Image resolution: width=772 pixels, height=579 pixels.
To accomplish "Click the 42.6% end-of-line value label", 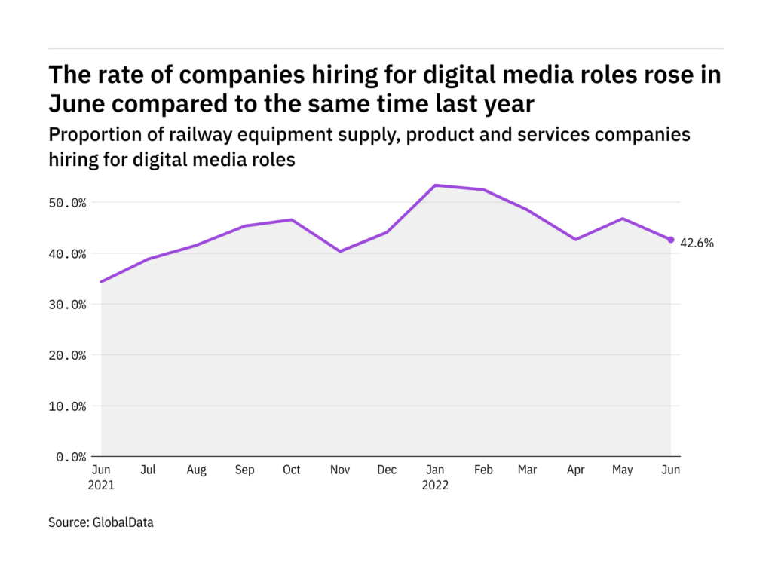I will pos(697,243).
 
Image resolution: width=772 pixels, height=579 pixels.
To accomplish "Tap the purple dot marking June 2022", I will pos(671,240).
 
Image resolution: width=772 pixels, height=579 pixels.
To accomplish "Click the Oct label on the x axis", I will pos(291,470).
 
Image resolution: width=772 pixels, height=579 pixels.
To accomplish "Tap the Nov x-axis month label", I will pos(339,470).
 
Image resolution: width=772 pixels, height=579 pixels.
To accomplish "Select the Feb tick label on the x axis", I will pos(482,470).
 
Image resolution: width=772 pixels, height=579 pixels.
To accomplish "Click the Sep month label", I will pos(244,470).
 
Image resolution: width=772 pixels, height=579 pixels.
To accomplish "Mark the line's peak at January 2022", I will pos(436,185).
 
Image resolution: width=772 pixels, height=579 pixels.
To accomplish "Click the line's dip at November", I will pos(339,251).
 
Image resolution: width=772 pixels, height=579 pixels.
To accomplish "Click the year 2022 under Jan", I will pos(435,485).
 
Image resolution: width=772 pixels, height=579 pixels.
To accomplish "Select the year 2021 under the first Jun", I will pos(100,485).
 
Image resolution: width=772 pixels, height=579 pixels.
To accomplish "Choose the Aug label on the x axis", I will pos(196,470).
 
